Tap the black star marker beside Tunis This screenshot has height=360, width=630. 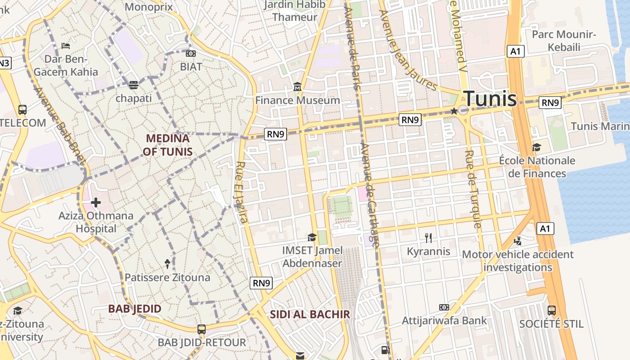pyautogui.click(x=454, y=111)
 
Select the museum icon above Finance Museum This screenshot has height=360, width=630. pyautogui.click(x=297, y=86)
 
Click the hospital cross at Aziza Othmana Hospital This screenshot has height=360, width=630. pyautogui.click(x=95, y=202)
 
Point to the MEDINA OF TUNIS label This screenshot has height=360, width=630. pyautogui.click(x=167, y=145)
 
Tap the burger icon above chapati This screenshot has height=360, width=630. pyautogui.click(x=133, y=84)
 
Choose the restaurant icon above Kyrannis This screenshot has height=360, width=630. pyautogui.click(x=428, y=238)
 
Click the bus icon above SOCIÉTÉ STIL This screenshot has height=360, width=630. pyautogui.click(x=551, y=310)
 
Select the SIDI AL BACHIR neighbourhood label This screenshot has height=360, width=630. pyautogui.click(x=310, y=315)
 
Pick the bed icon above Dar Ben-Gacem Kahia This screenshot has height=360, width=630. pyautogui.click(x=66, y=45)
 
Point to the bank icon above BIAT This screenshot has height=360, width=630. pyautogui.click(x=191, y=54)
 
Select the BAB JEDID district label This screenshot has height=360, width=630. pyautogui.click(x=135, y=309)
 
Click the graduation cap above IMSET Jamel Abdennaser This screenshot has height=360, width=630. pyautogui.click(x=312, y=237)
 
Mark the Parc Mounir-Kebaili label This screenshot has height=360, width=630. pyautogui.click(x=564, y=40)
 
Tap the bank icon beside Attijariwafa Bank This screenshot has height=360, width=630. pyautogui.click(x=444, y=307)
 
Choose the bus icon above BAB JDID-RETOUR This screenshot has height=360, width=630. pyautogui.click(x=202, y=329)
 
